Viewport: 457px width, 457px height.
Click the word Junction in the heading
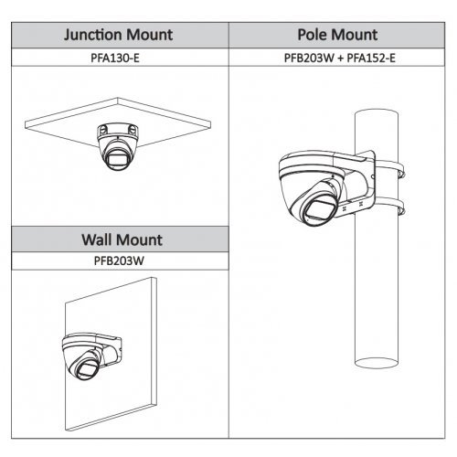92,35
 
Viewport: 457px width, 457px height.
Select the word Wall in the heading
96,239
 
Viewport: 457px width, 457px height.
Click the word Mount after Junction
149,35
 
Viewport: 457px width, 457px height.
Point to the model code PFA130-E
115,58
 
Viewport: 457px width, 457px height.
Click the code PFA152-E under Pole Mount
371,58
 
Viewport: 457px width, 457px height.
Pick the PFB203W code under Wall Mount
119,260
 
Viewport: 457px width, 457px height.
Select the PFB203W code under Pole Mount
309,58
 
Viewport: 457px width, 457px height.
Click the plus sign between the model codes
341,58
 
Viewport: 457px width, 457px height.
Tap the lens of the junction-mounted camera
116,159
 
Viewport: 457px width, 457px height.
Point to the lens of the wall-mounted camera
87,368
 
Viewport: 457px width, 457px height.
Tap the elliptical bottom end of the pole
377,363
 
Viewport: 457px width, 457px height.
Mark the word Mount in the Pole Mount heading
353,35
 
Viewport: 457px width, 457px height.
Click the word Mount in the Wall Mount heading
139,239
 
